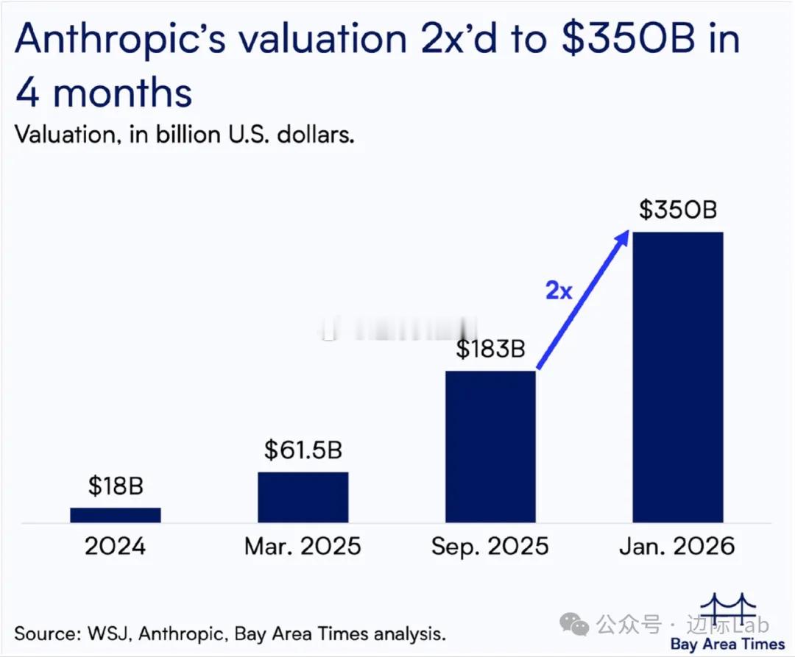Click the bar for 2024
(116, 515)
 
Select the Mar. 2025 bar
(303, 497)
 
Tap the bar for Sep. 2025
(491, 447)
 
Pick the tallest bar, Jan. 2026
(678, 377)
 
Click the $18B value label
(116, 486)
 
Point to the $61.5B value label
(303, 449)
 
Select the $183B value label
(491, 348)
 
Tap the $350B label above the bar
(678, 210)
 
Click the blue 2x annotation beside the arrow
(559, 291)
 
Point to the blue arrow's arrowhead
(624, 235)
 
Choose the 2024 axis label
(116, 547)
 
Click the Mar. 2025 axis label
(303, 547)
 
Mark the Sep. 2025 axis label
(491, 547)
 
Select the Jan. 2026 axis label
(678, 547)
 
